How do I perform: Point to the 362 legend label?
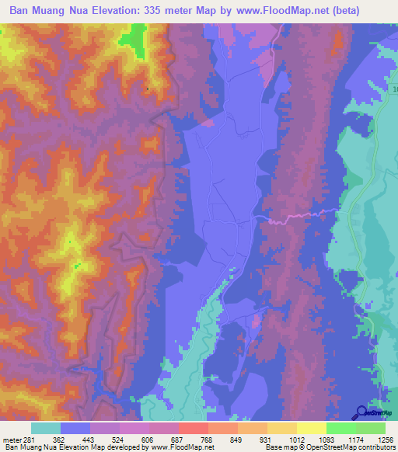click(x=59, y=440)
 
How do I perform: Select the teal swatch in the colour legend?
click(x=45, y=428)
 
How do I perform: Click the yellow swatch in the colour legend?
click(x=311, y=428)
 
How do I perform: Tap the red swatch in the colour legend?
click(x=193, y=428)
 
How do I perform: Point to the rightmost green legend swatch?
click(x=370, y=428)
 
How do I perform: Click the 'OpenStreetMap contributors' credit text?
click(x=354, y=447)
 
